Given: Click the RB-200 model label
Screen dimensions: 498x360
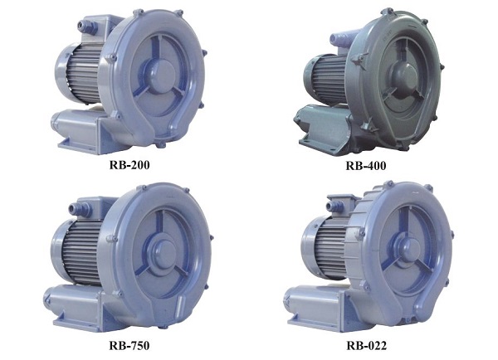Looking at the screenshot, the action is pyautogui.click(x=129, y=165).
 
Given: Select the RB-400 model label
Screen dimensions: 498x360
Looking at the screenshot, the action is pyautogui.click(x=366, y=165).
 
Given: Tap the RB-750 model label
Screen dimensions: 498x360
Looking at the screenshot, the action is pyautogui.click(x=129, y=345).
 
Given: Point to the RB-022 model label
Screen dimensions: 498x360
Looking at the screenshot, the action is pyautogui.click(x=367, y=345).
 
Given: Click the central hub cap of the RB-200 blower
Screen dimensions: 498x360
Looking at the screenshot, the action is pyautogui.click(x=161, y=76).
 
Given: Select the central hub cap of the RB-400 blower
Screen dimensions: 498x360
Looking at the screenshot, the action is pyautogui.click(x=403, y=77).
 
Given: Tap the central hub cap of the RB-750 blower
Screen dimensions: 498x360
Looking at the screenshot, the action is pyautogui.click(x=165, y=253).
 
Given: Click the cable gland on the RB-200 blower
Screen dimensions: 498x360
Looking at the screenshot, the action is pyautogui.click(x=88, y=26).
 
